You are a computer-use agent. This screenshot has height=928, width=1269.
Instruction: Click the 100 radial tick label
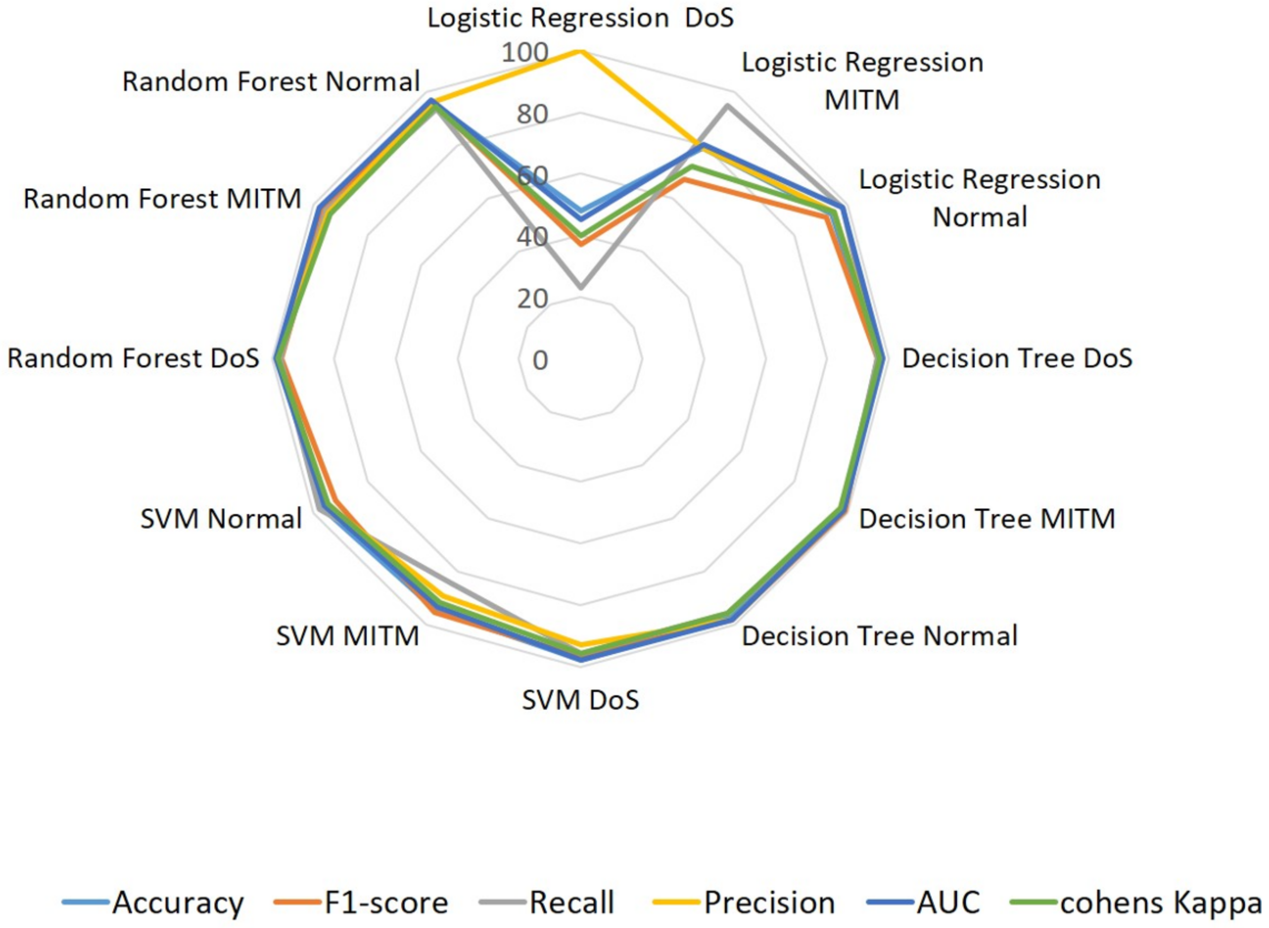coord(525,53)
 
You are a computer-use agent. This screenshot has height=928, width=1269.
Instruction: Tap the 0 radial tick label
coord(540,360)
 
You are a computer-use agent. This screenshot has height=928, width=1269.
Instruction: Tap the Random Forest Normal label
coord(271,82)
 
